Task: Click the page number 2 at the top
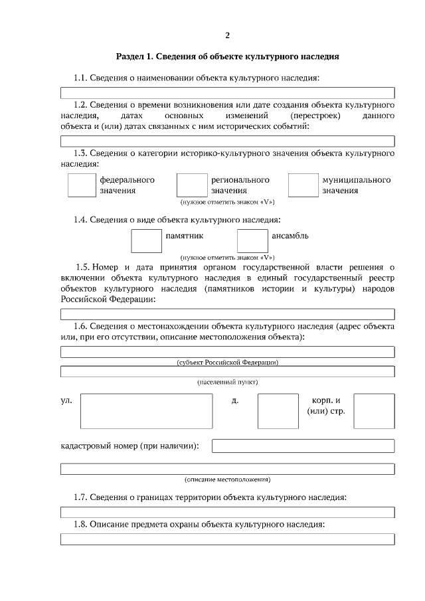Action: pyautogui.click(x=228, y=35)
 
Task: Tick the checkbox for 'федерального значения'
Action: pyautogui.click(x=82, y=185)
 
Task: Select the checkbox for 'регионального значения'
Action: pyautogui.click(x=192, y=185)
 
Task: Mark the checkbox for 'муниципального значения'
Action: pyautogui.click(x=303, y=185)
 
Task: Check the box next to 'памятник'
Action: pyautogui.click(x=146, y=240)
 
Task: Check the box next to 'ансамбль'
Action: pyautogui.click(x=252, y=240)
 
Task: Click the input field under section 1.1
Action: pyautogui.click(x=228, y=93)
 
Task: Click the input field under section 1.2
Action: pyautogui.click(x=228, y=141)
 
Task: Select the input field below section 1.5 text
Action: pyautogui.click(x=228, y=315)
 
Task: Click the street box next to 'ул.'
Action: pyautogui.click(x=146, y=411)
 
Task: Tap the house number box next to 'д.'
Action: pyautogui.click(x=273, y=411)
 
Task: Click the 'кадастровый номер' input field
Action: pyautogui.click(x=303, y=446)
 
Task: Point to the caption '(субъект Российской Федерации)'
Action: pyautogui.click(x=228, y=362)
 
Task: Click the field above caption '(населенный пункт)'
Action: pyautogui.click(x=228, y=371)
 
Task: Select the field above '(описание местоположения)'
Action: pyautogui.click(x=228, y=469)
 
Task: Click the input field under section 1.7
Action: pyautogui.click(x=228, y=512)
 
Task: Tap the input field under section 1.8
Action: pyautogui.click(x=228, y=539)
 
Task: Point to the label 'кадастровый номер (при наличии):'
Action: pyautogui.click(x=130, y=446)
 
